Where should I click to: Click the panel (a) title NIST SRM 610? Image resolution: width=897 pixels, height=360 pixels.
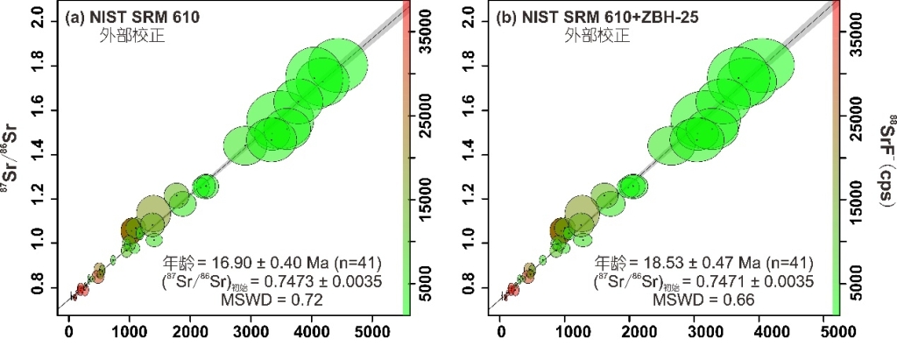pyautogui.click(x=127, y=18)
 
